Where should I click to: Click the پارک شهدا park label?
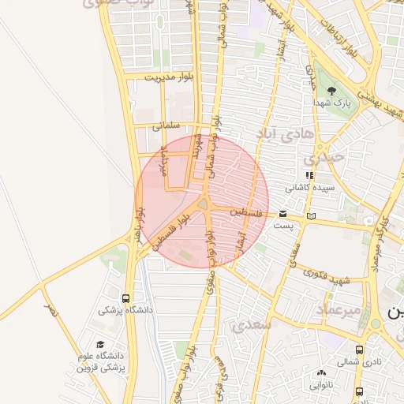(331, 103)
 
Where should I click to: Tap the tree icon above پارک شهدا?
(331, 91)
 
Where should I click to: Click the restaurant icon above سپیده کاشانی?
(310, 175)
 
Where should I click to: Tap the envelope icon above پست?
(282, 214)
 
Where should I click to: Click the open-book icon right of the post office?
(312, 215)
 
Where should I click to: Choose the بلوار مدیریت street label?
(169, 77)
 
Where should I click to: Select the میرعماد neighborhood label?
(339, 310)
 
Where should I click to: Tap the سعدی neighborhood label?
(250, 324)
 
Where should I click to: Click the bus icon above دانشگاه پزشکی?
(126, 298)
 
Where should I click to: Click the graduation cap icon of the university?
(100, 345)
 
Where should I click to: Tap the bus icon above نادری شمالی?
(359, 350)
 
